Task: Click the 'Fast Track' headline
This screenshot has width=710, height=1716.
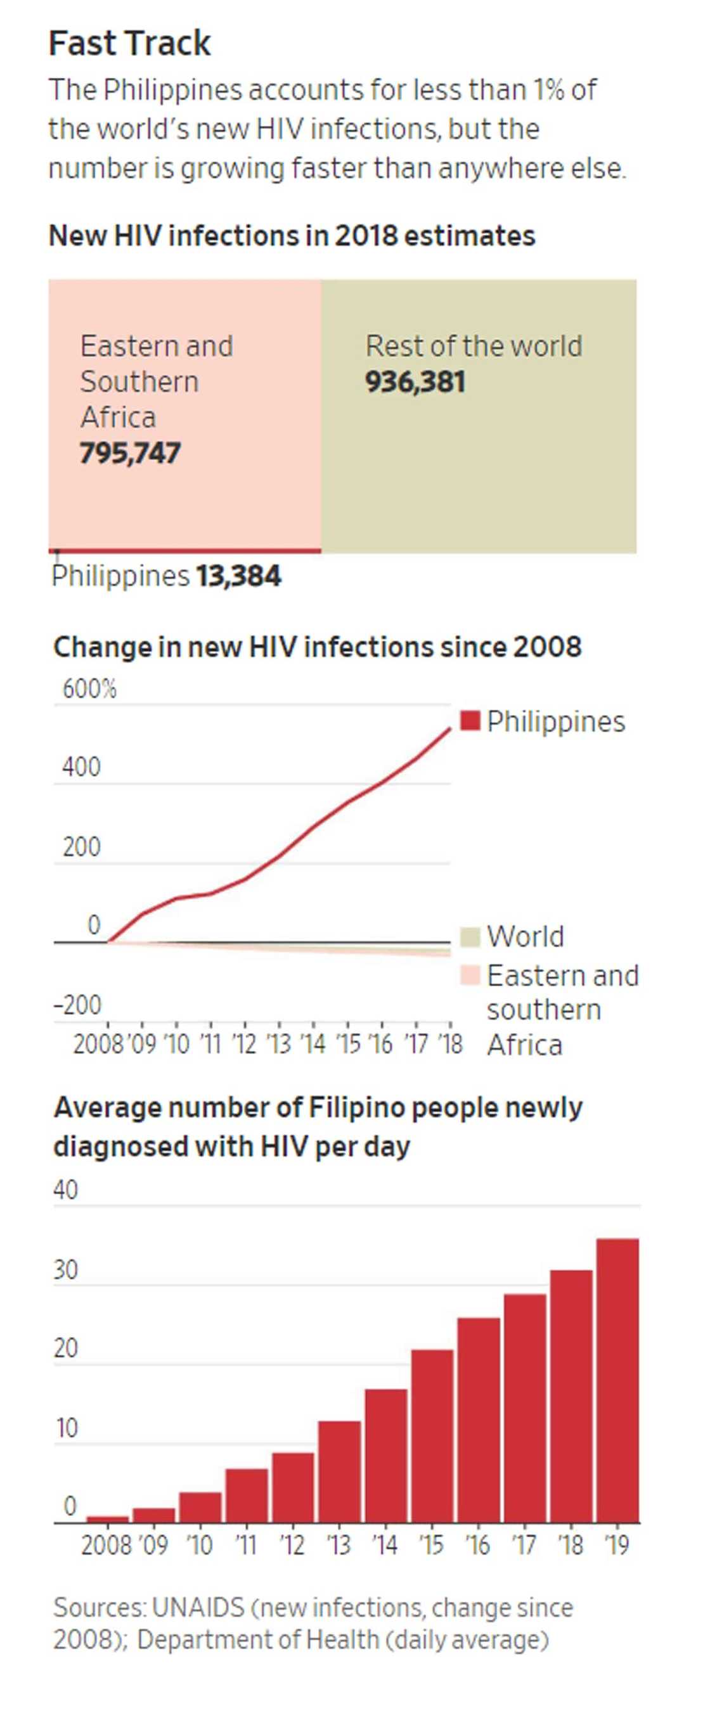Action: click(130, 43)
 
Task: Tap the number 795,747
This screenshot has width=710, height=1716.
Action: click(130, 454)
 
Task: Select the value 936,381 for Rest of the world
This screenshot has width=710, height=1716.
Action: click(415, 383)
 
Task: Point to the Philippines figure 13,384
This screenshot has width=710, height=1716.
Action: click(238, 576)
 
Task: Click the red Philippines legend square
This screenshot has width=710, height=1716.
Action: click(470, 721)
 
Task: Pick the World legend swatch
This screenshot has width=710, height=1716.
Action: click(470, 936)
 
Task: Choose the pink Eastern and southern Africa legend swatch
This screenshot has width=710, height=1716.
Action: click(470, 975)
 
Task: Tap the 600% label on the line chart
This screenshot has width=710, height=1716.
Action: click(89, 689)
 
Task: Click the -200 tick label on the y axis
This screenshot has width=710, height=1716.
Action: click(77, 1005)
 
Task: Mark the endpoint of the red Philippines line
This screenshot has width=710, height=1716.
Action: click(450, 728)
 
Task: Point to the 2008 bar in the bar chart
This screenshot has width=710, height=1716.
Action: click(107, 1519)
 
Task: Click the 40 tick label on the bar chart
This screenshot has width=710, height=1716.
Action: click(65, 1190)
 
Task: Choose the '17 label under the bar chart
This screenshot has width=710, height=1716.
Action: click(524, 1544)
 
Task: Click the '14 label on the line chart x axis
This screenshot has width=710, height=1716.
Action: click(313, 1044)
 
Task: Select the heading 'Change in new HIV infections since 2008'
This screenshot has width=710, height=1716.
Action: click(318, 647)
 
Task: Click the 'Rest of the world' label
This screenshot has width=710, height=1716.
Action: click(474, 346)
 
